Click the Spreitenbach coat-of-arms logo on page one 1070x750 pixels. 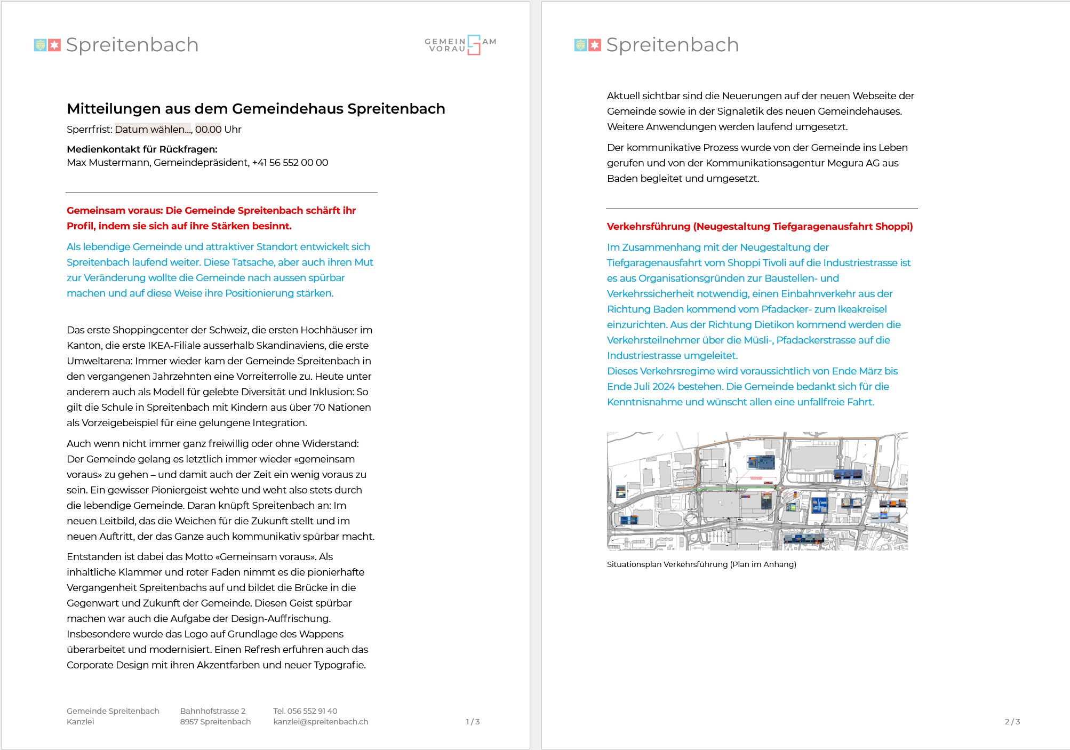click(47, 45)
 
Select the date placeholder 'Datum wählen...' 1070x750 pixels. click(153, 130)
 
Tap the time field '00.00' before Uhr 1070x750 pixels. click(208, 130)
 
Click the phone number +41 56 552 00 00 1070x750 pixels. click(290, 163)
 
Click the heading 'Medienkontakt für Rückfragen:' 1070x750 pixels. click(142, 149)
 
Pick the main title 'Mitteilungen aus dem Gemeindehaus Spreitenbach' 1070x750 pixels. click(255, 109)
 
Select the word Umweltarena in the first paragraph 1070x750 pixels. click(99, 361)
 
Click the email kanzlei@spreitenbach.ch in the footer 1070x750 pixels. click(321, 722)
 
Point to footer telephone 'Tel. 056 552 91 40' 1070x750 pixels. click(305, 711)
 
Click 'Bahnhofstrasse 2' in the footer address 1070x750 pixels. click(213, 711)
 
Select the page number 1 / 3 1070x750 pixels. click(473, 722)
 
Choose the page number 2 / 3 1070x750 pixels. click(1012, 722)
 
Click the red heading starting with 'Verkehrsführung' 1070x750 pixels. click(760, 227)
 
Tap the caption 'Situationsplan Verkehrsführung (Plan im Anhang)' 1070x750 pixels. click(701, 564)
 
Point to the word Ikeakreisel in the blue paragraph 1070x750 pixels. click(862, 309)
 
